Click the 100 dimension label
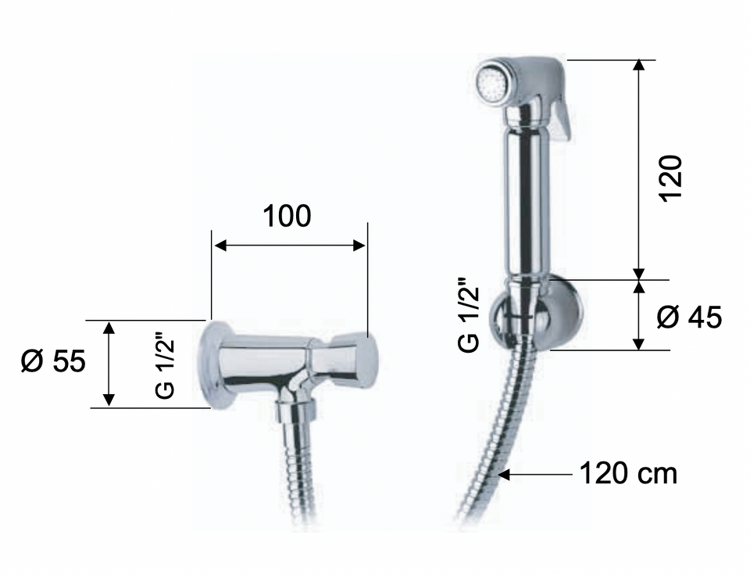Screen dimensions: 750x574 tap(287, 216)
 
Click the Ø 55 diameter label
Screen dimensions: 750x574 tap(53, 361)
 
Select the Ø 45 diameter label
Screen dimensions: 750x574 tap(689, 317)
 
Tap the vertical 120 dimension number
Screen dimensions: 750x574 tap(670, 178)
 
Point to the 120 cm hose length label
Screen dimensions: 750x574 tap(628, 473)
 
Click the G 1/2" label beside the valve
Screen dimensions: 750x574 tap(166, 368)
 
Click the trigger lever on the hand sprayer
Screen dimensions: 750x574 tap(561, 117)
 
